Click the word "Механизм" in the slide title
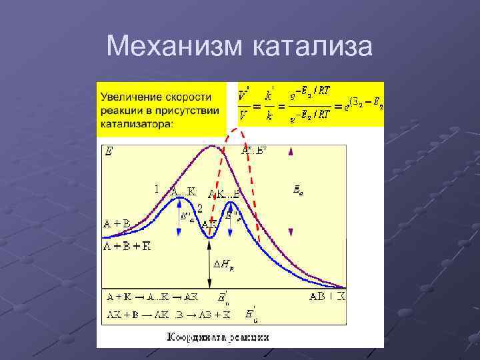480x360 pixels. pos(175,47)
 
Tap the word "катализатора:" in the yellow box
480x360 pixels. pos(137,123)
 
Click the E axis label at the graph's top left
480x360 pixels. pos(110,152)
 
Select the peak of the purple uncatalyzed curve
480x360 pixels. pos(213,146)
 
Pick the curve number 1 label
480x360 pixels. pos(157,189)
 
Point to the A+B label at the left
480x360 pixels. pos(117,223)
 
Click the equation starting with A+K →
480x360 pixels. pos(152,297)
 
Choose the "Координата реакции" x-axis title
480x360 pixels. pos(218,337)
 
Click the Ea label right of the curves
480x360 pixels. pos(298,191)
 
